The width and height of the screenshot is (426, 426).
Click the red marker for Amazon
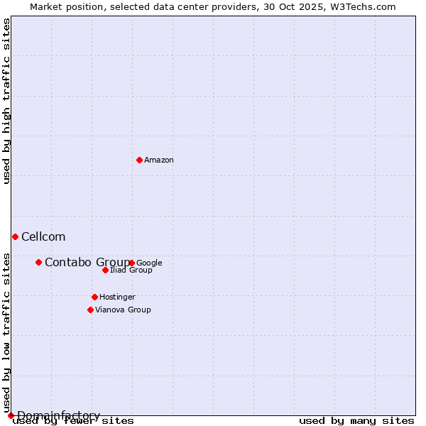[139, 160]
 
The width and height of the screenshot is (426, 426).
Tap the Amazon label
[159, 160]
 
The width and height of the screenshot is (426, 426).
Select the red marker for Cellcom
[15, 236]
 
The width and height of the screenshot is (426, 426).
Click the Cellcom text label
[43, 237]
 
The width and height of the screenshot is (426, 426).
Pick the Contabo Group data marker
[38, 262]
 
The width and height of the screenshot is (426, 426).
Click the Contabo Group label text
[87, 263]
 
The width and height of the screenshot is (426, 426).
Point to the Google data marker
[132, 263]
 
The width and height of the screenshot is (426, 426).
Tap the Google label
[150, 263]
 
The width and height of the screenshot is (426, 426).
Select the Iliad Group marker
[105, 270]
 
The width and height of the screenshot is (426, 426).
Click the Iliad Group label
[131, 271]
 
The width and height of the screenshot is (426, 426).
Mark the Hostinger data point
[94, 297]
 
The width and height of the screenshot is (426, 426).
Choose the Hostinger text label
[117, 297]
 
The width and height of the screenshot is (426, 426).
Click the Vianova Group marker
[90, 310]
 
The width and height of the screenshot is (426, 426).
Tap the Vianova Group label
[123, 310]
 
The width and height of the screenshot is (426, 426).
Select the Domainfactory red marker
[11, 415]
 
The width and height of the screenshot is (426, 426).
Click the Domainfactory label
[58, 415]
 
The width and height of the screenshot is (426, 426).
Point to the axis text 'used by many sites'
[356, 421]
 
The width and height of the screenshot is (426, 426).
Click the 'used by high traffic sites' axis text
[7, 101]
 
